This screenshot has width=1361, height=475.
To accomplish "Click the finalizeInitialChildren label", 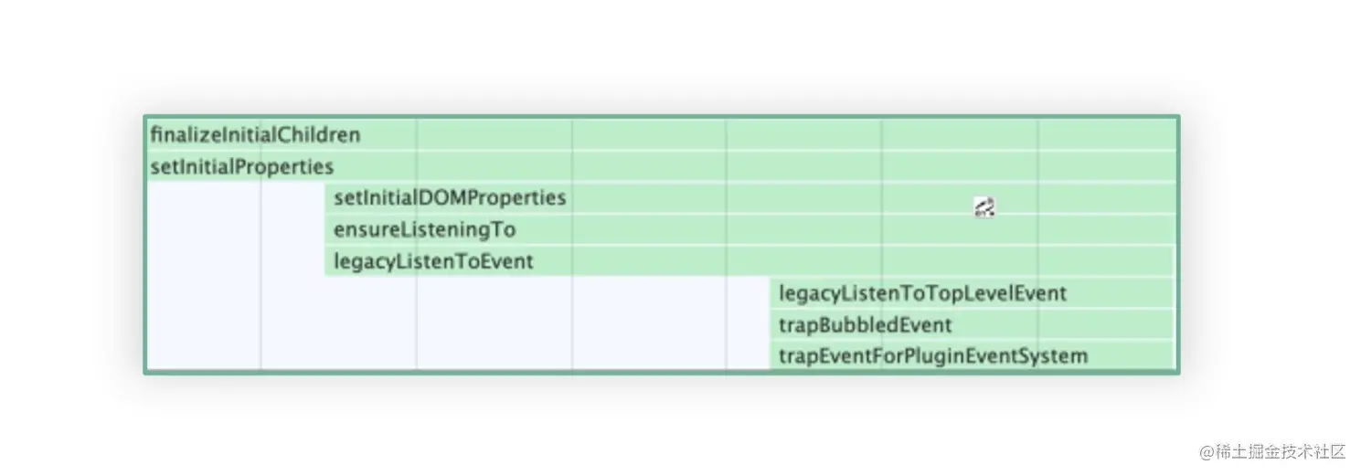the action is [255, 135].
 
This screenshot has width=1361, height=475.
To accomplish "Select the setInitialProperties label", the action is [241, 167].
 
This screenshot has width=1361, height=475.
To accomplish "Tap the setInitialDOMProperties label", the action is [450, 197].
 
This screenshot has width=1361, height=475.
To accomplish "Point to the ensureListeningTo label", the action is [424, 229].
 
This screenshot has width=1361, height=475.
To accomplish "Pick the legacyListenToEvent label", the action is [433, 261].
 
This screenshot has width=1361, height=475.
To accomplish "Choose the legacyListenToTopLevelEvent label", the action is [922, 293].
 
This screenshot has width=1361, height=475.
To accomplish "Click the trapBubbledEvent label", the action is [865, 324].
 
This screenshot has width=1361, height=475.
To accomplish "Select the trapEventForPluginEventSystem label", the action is [932, 355].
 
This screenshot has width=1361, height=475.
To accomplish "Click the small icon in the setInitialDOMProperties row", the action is [984, 207].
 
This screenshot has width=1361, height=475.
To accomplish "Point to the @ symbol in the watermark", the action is [1207, 451].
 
